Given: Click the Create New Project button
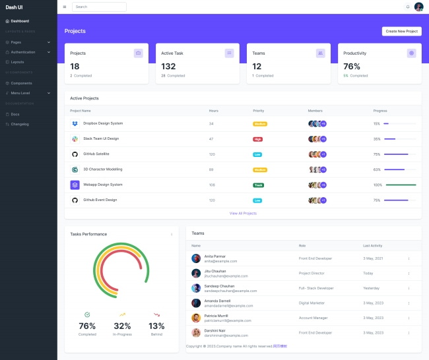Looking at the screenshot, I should pos(401,31).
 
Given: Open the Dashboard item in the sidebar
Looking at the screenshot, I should pos(20,21).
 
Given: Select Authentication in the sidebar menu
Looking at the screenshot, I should pos(23,51).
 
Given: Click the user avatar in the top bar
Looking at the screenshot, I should pos(418,7).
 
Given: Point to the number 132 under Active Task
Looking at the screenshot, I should pos(168,66).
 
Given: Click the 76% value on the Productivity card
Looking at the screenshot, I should pos(352,66).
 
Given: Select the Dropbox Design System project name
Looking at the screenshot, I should pos(103,123).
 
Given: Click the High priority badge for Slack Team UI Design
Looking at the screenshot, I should pos(257,139).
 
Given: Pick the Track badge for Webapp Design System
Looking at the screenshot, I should pos(258,185).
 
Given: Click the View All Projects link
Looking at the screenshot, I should pos(243,213).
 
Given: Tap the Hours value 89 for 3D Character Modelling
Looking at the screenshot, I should pos(211,169).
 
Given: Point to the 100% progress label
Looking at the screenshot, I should pos(378,185).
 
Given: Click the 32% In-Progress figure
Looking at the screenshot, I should pos(122,326).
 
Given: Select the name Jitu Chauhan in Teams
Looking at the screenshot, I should pos(215,271).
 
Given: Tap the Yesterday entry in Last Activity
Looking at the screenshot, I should pos(372,288).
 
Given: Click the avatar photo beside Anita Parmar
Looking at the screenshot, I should pos(196,258).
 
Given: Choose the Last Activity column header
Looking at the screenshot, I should pos(373,245).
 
